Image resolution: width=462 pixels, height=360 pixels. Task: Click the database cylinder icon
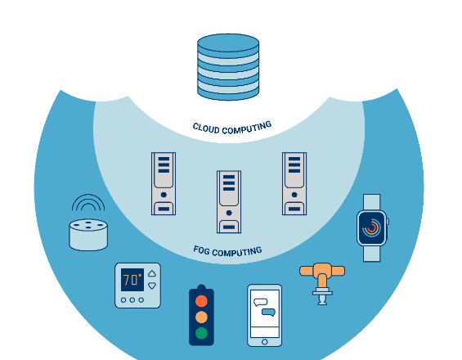(228, 67)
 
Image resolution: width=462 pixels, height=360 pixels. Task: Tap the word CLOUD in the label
(206, 128)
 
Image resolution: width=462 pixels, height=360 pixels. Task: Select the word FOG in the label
(201, 250)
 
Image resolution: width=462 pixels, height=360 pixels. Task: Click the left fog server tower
(164, 184)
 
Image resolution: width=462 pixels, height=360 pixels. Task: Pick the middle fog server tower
(229, 202)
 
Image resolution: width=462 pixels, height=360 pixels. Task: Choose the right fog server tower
(294, 184)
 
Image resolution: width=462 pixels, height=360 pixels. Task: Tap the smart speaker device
(88, 235)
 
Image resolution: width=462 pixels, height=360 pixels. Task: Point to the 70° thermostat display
(132, 280)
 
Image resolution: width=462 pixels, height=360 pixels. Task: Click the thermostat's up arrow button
(152, 273)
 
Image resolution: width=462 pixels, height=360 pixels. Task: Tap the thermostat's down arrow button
(152, 286)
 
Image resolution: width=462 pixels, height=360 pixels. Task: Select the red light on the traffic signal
(201, 301)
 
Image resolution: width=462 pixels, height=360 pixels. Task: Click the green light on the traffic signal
(201, 333)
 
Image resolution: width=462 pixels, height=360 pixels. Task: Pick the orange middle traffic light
(201, 317)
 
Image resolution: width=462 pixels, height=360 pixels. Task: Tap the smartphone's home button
(265, 342)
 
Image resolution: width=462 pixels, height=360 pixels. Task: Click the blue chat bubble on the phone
(269, 313)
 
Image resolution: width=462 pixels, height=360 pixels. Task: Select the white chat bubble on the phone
(261, 302)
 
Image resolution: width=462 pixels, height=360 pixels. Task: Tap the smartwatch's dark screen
(372, 228)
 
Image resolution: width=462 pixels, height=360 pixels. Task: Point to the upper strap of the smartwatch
(372, 202)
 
